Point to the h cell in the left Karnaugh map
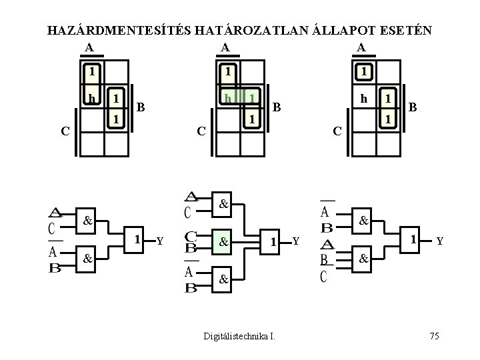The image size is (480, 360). point(92,98)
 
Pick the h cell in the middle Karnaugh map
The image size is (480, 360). point(229,98)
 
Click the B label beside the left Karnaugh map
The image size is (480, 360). point(141,107)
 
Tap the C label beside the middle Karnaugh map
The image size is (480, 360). point(200,131)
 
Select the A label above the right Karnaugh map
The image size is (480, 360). point(361,47)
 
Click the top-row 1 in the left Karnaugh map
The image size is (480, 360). point(92,71)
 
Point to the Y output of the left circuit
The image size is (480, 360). point(159,240)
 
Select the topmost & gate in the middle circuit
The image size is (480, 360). point(224,203)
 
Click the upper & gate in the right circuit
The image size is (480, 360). point(363,219)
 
